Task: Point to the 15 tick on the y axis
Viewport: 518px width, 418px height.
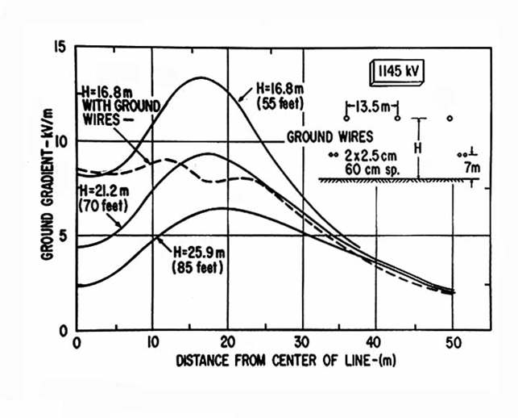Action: [59, 48]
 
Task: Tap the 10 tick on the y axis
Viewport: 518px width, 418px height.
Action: [59, 141]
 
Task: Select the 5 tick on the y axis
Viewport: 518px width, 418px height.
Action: [63, 236]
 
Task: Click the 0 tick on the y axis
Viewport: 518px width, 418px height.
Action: [63, 329]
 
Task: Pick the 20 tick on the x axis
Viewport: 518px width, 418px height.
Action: [228, 344]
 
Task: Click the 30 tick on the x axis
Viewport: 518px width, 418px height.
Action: [303, 344]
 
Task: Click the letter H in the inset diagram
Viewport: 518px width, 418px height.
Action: [416, 148]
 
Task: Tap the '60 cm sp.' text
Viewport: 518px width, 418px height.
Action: [371, 167]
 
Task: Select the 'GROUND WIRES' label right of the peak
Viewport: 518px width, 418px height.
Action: [330, 137]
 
